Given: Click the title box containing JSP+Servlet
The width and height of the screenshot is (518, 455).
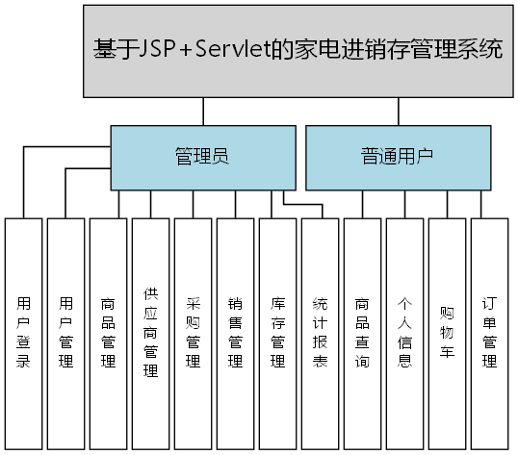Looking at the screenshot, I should click(x=298, y=50).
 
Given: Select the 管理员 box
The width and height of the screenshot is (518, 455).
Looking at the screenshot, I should click(x=201, y=157).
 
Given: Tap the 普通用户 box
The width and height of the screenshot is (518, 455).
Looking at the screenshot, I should click(x=397, y=157).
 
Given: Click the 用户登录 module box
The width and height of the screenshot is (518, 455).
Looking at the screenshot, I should click(x=23, y=333).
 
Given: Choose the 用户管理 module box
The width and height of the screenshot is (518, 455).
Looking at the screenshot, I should click(x=65, y=333).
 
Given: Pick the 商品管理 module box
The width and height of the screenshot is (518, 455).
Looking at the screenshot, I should click(x=108, y=333).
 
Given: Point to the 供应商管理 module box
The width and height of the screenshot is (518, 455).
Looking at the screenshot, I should click(x=150, y=333).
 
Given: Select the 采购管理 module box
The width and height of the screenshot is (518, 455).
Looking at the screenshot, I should click(x=193, y=333).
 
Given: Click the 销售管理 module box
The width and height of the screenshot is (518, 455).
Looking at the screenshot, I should click(x=235, y=333).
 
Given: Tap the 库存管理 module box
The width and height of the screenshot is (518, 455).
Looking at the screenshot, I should click(x=277, y=333).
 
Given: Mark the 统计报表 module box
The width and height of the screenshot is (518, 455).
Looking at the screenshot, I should click(x=320, y=333).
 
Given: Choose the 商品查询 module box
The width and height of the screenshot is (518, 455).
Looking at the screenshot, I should click(x=362, y=333).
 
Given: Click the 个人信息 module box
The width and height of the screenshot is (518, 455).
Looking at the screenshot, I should click(x=404, y=333).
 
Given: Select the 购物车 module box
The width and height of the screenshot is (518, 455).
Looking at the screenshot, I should click(x=447, y=333).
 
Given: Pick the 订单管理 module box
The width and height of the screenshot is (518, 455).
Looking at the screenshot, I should click(x=489, y=333).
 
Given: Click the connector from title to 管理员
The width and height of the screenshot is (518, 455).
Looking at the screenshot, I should click(x=202, y=111).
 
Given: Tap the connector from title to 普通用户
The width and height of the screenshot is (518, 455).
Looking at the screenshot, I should click(x=397, y=111).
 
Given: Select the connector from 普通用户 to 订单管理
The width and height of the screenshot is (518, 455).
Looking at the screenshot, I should click(x=479, y=204).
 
